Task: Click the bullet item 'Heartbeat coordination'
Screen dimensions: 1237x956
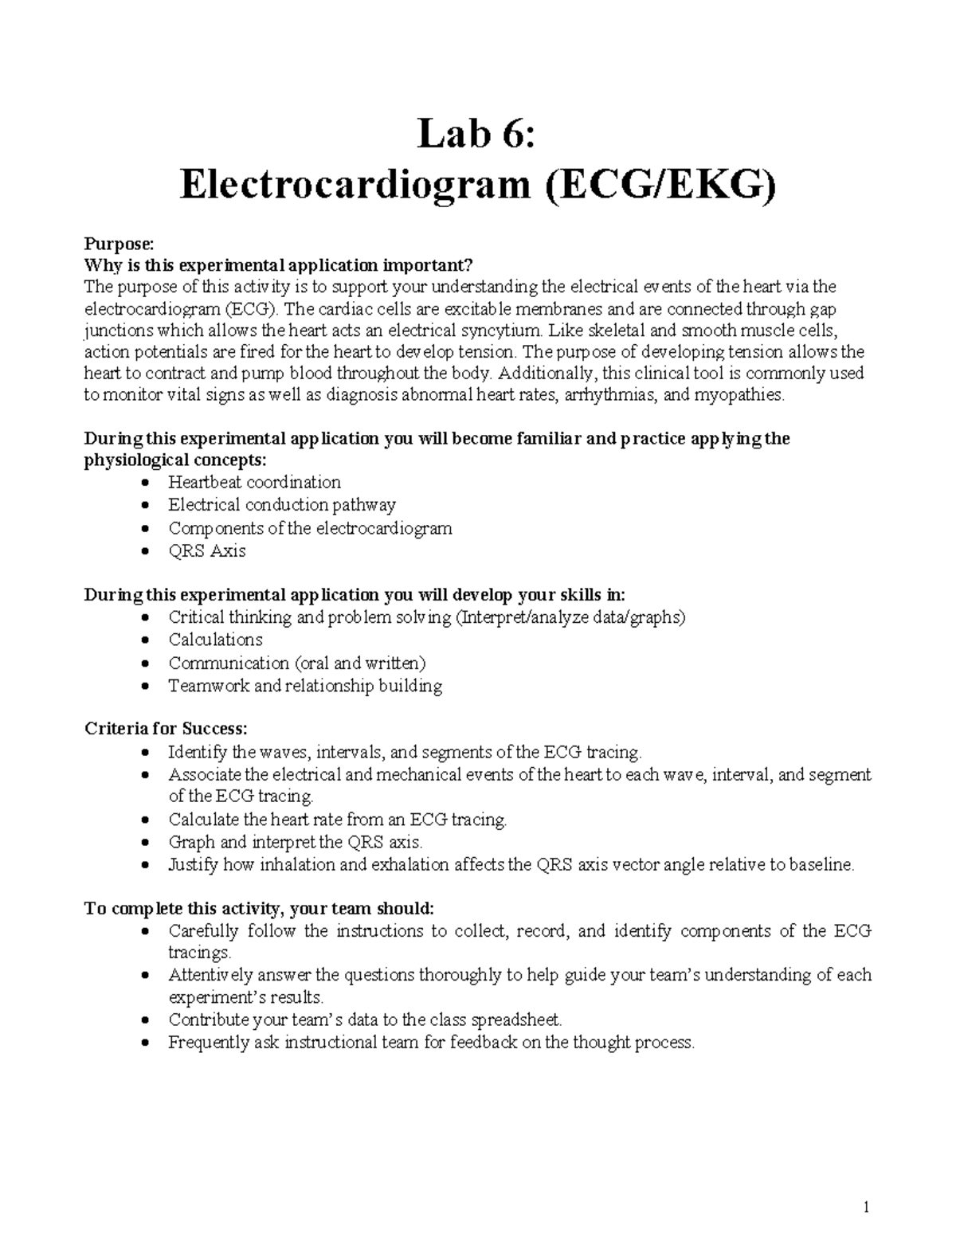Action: [x=254, y=482]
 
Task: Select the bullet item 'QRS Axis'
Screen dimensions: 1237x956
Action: [x=206, y=550]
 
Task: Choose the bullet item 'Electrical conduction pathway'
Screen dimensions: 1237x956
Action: [x=281, y=504]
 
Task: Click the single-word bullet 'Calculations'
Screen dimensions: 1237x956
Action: [x=215, y=640]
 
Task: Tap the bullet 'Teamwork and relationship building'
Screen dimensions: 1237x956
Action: [x=304, y=686]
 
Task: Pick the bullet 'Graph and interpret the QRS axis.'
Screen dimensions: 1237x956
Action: [x=295, y=842]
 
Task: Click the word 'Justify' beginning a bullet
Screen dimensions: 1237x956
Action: [x=192, y=865]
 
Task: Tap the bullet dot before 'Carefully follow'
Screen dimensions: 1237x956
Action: [x=143, y=931]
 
